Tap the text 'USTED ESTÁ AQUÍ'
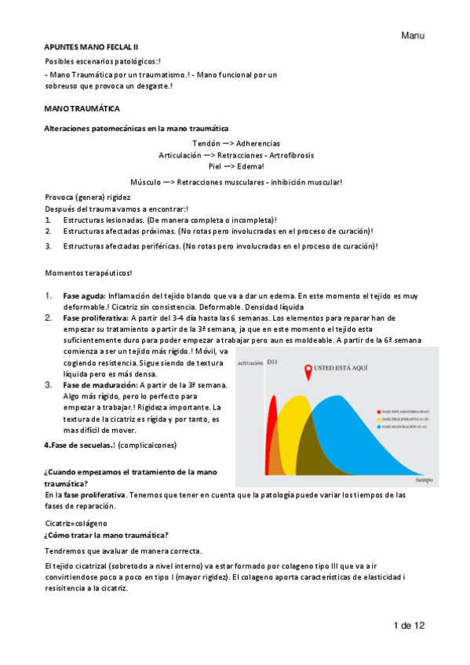point(342,368)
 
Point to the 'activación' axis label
point(249,363)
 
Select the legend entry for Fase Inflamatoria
point(405,411)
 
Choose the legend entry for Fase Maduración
point(405,428)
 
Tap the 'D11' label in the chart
point(272,362)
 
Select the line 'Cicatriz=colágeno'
point(75,522)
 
